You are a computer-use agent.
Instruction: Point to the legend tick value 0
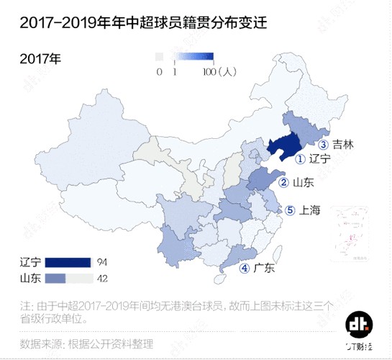[x=159, y=71]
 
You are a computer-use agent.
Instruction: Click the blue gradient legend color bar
[x=185, y=57]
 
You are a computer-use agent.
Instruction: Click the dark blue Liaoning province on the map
[x=283, y=147]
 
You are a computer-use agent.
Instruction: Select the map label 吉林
[x=342, y=144]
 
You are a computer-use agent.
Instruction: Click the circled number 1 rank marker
[x=301, y=158]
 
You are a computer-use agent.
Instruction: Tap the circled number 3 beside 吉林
[x=324, y=144]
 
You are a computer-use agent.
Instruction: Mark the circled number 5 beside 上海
[x=290, y=211]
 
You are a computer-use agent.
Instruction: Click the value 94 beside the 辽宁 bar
[x=101, y=261]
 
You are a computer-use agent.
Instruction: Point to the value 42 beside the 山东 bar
[x=101, y=278]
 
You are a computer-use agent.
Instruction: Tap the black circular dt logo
[x=357, y=325]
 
